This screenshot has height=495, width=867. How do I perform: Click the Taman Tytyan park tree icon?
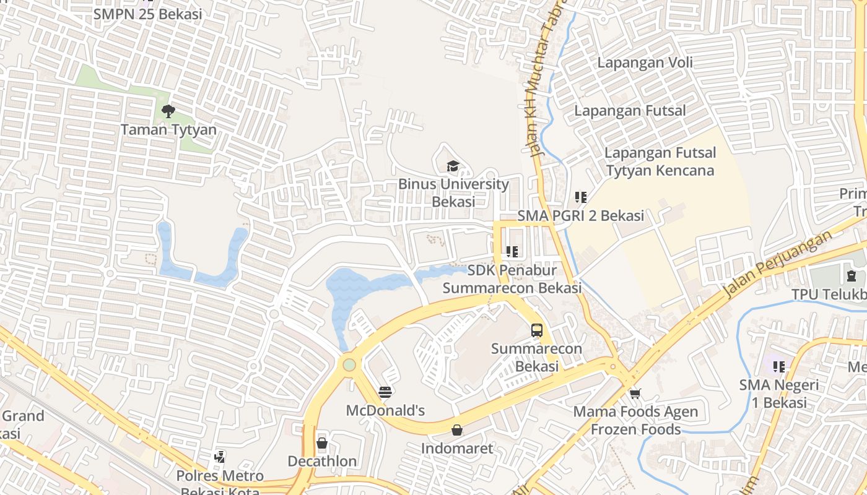pos(168,111)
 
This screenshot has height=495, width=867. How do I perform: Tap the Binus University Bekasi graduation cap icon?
pos(453,166)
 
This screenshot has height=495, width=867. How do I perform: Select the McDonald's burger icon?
pos(385,392)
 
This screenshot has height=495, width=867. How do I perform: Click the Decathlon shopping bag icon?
pos(322,443)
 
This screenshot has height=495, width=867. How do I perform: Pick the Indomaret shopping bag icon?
pos(457,429)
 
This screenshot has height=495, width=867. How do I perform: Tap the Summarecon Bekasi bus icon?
pos(537,330)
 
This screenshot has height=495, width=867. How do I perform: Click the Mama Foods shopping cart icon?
pos(635,394)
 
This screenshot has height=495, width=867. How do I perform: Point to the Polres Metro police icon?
pos(219,457)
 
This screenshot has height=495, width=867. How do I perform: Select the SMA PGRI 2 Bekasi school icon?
pos(580,197)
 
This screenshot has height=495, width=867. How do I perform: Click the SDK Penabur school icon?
pos(512,252)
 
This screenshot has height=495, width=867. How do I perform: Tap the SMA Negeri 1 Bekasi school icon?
pos(778,366)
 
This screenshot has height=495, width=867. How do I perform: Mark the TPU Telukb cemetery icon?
pos(851,275)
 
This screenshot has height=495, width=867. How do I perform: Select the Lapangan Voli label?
pos(645,62)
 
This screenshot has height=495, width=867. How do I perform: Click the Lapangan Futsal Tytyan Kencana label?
pos(660,161)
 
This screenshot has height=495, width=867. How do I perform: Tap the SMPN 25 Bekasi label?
pos(147,14)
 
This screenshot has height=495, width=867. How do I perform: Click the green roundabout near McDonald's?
pos(349,364)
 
